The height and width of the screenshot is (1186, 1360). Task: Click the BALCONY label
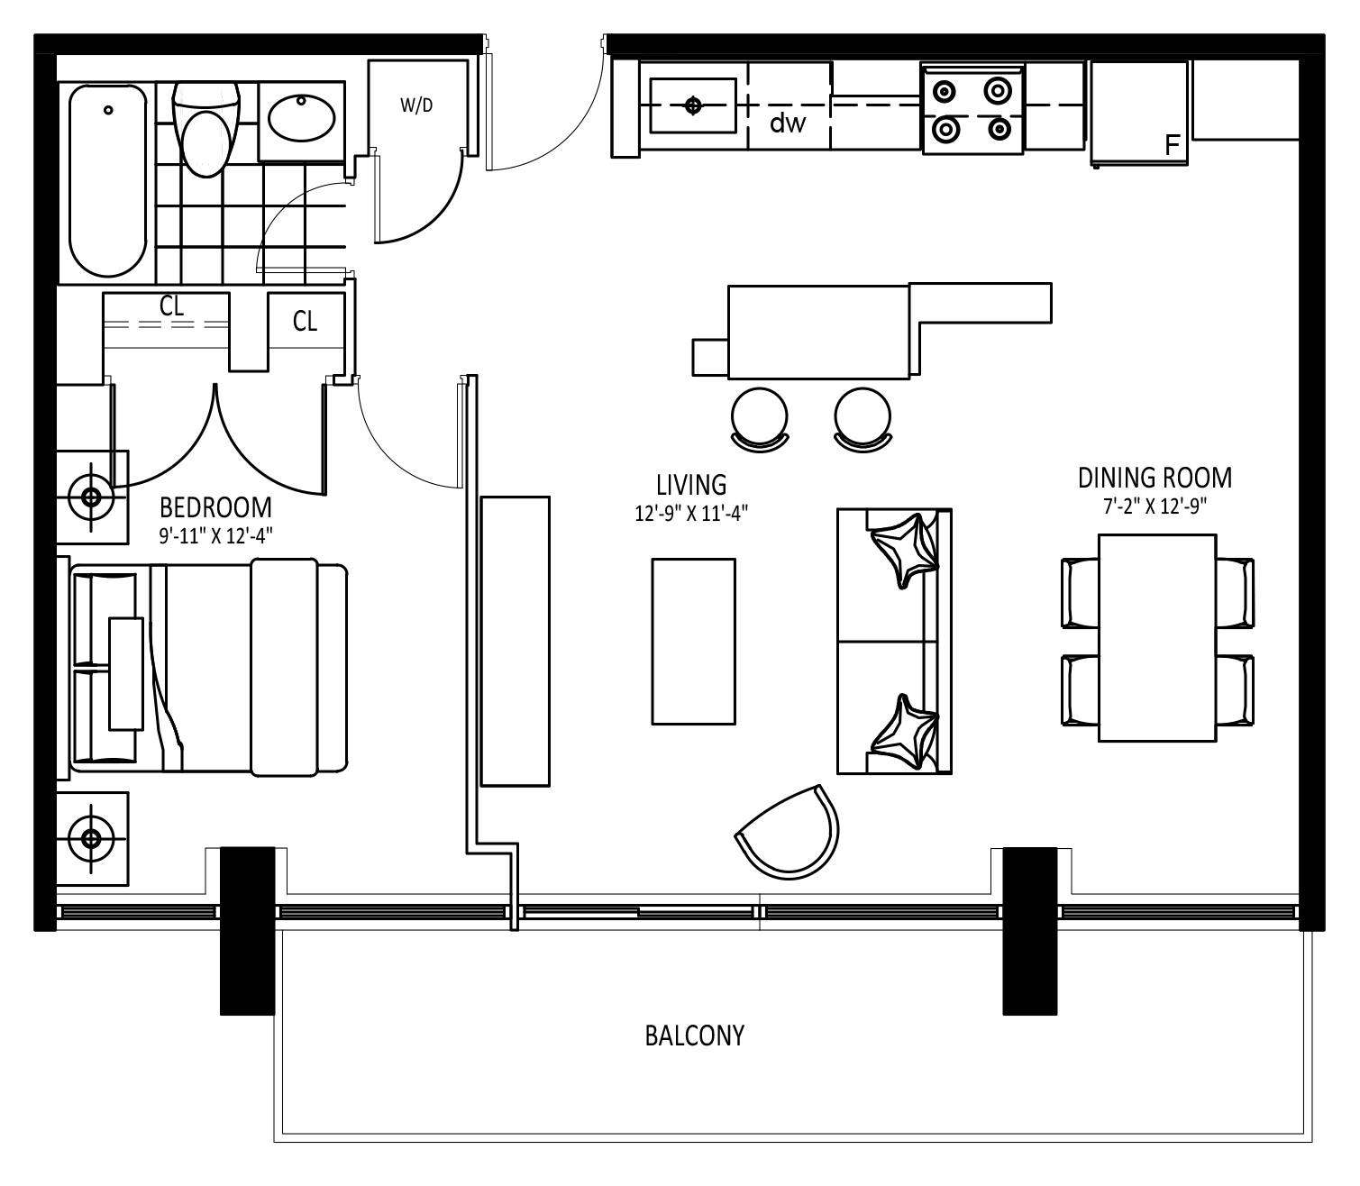tap(694, 1035)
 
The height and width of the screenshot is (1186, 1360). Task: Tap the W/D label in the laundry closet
tap(416, 105)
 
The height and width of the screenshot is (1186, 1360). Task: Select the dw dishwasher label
tap(788, 123)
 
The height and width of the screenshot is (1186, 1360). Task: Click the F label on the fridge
tap(1173, 145)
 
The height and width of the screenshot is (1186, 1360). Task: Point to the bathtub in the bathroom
tap(107, 180)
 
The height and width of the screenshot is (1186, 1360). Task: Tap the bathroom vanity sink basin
tap(302, 117)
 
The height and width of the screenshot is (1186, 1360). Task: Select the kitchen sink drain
tap(692, 105)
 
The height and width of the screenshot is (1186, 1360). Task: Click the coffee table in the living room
tap(693, 641)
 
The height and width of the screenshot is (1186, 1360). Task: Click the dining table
tap(1157, 637)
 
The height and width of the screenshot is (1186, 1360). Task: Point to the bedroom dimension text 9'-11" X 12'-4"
tap(215, 535)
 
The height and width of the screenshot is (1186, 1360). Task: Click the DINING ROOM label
tap(1155, 477)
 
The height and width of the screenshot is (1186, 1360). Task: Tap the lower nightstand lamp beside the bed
tap(91, 838)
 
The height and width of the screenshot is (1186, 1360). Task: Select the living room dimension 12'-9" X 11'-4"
tap(691, 514)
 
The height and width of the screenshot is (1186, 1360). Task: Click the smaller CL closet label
tap(305, 321)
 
